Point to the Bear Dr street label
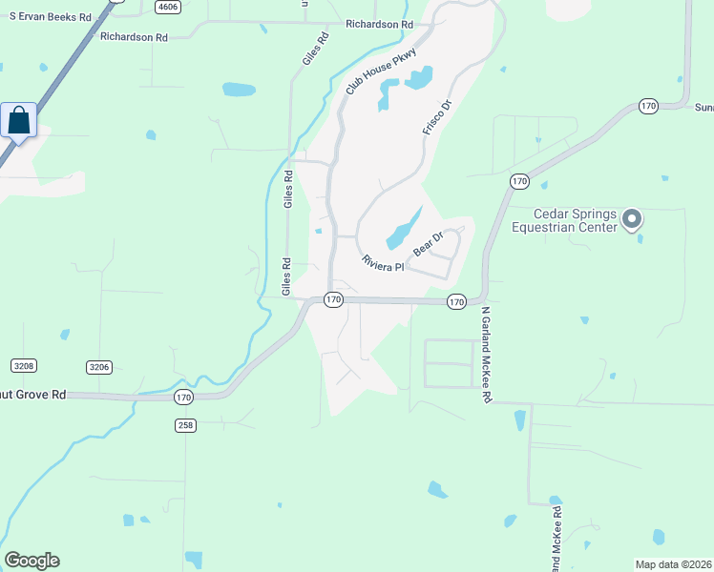click(x=428, y=244)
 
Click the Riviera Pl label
click(x=383, y=263)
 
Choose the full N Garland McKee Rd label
click(x=486, y=354)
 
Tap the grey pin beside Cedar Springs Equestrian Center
click(x=631, y=220)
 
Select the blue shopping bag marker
click(x=19, y=121)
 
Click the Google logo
click(x=31, y=561)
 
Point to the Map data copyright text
click(x=674, y=564)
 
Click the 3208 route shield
click(x=24, y=366)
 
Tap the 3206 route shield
click(x=99, y=366)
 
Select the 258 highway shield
click(x=185, y=425)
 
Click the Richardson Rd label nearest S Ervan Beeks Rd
click(x=134, y=36)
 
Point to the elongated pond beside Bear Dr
click(x=404, y=228)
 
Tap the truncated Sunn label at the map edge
click(x=703, y=107)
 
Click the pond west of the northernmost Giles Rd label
click(x=239, y=90)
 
